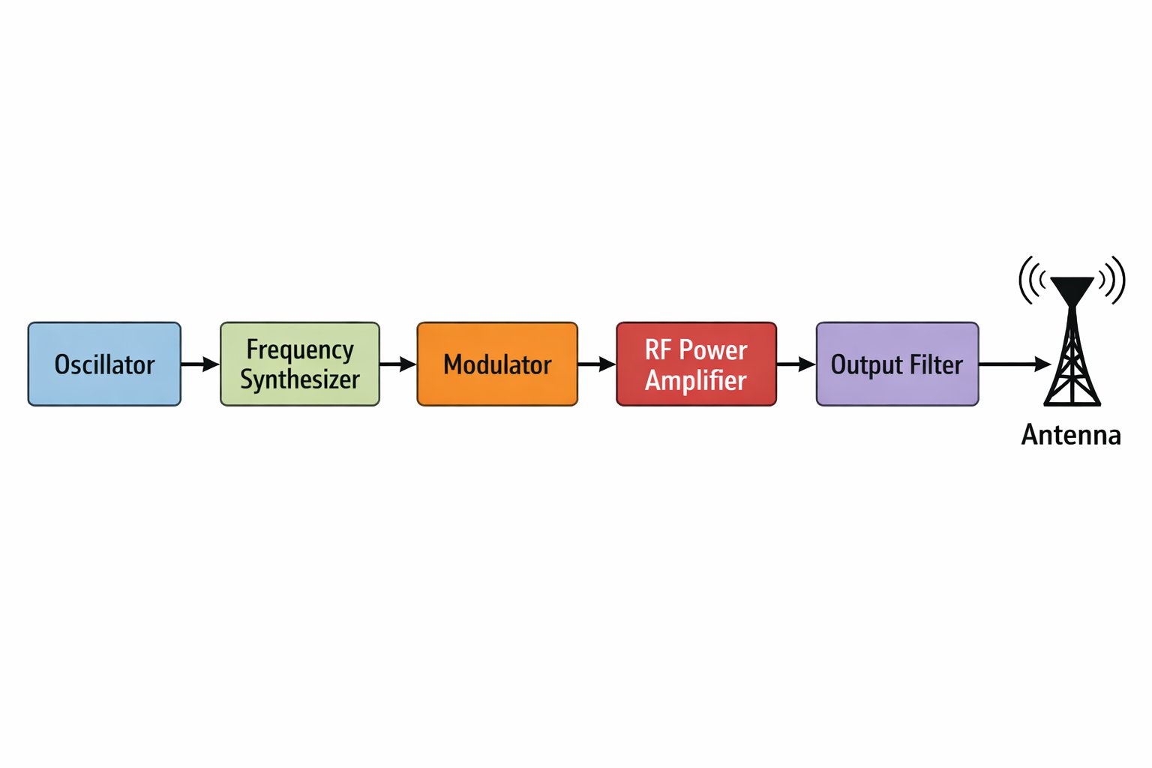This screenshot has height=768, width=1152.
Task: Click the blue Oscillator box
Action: (x=104, y=364)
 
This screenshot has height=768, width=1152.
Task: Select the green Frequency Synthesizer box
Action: (x=300, y=364)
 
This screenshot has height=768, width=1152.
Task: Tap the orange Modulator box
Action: (x=497, y=364)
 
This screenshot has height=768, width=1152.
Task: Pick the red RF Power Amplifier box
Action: (x=696, y=364)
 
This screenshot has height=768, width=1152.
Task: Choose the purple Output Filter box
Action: (x=897, y=364)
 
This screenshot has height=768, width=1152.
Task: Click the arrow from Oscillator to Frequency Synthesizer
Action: (x=200, y=364)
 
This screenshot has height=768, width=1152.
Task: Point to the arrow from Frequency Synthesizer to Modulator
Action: (x=398, y=364)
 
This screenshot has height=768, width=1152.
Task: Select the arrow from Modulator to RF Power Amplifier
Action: (x=597, y=364)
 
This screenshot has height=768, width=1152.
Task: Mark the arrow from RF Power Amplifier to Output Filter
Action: (x=796, y=364)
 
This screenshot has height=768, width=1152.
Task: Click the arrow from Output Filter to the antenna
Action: (x=1015, y=364)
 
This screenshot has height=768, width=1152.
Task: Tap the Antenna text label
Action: (x=1071, y=435)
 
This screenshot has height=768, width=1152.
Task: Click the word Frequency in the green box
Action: (x=300, y=350)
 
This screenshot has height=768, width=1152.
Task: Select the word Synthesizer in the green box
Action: (x=300, y=379)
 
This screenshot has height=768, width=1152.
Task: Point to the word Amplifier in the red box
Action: (x=696, y=380)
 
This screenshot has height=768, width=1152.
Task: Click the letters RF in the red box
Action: (x=658, y=349)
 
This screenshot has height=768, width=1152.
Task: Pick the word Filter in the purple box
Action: (x=936, y=364)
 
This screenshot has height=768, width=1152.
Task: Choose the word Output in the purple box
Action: (x=866, y=365)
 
